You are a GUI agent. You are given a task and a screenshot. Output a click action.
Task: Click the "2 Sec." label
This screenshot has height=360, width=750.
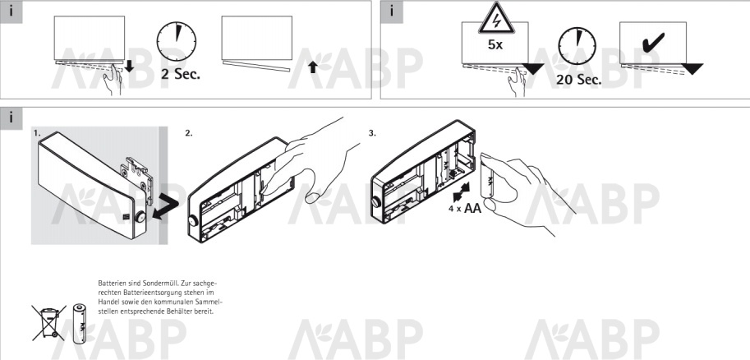(181, 74)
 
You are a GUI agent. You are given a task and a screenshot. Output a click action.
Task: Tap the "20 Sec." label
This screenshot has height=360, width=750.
(579, 79)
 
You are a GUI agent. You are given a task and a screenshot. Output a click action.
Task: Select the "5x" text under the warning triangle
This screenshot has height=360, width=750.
(495, 45)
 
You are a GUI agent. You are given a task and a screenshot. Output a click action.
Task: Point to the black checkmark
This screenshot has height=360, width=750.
(652, 42)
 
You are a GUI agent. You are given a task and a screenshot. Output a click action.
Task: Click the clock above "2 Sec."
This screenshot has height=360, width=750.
(177, 41)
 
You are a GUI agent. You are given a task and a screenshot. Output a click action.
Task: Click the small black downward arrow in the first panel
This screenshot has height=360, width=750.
(129, 67)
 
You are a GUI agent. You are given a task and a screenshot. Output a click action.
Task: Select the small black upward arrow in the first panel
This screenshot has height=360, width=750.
(313, 67)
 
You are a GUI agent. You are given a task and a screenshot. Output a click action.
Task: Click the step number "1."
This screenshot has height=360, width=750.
(37, 133)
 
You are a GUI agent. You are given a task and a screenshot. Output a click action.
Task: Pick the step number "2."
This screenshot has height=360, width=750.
(188, 133)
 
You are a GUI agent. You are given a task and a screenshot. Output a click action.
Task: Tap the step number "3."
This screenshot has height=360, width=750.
(372, 133)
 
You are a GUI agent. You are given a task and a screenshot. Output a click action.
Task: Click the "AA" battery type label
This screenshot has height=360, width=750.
(472, 208)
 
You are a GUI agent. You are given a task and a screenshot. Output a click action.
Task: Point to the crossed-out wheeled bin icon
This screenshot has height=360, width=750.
(48, 322)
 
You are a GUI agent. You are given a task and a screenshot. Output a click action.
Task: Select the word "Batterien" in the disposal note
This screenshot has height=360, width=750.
(109, 284)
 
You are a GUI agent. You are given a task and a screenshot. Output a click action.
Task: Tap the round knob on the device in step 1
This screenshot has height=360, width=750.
(140, 217)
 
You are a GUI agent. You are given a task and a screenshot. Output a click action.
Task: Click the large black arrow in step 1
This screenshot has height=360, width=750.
(165, 207)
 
